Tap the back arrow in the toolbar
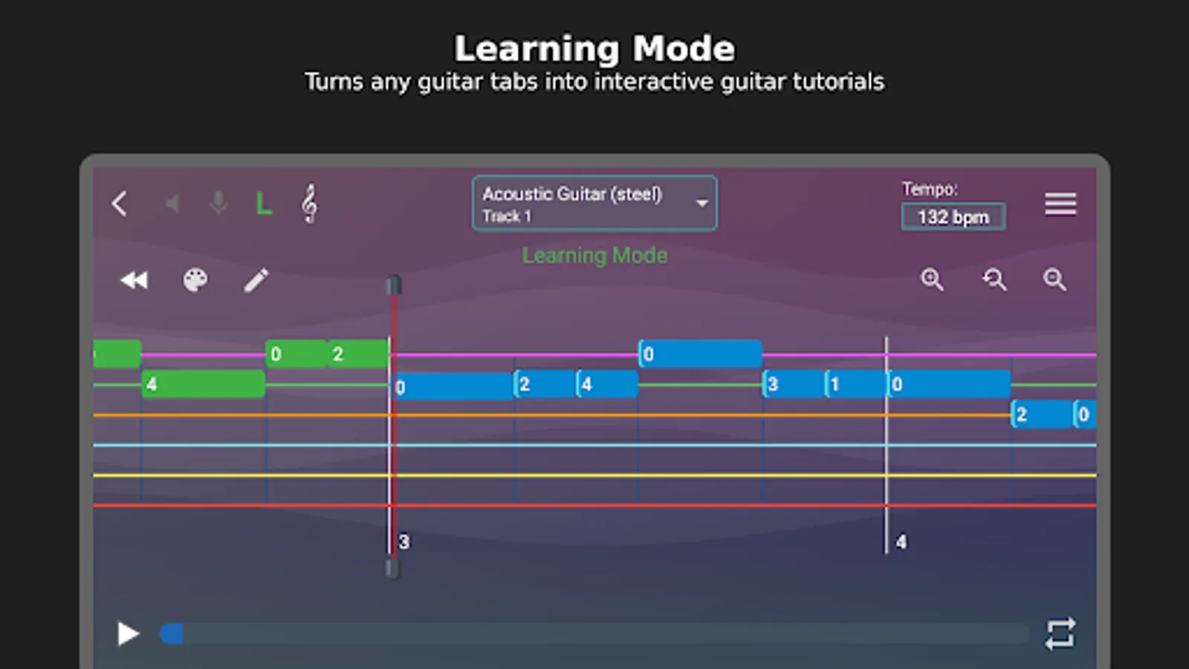(x=120, y=204)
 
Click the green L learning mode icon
(x=264, y=204)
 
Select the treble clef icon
(x=309, y=204)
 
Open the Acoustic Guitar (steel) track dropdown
(x=594, y=204)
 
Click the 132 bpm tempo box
(x=953, y=216)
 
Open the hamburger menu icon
(x=1060, y=204)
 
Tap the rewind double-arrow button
(x=135, y=279)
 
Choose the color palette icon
(x=195, y=279)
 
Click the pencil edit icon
(x=256, y=280)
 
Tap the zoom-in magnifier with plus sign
(x=932, y=279)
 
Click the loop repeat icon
(x=1060, y=633)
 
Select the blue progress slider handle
(x=172, y=634)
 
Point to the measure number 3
(x=404, y=542)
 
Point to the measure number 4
(x=901, y=542)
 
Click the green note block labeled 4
(x=204, y=384)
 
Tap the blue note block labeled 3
(x=794, y=384)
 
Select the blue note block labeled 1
(x=855, y=384)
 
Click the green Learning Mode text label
(x=594, y=256)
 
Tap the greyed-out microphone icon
(x=218, y=204)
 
